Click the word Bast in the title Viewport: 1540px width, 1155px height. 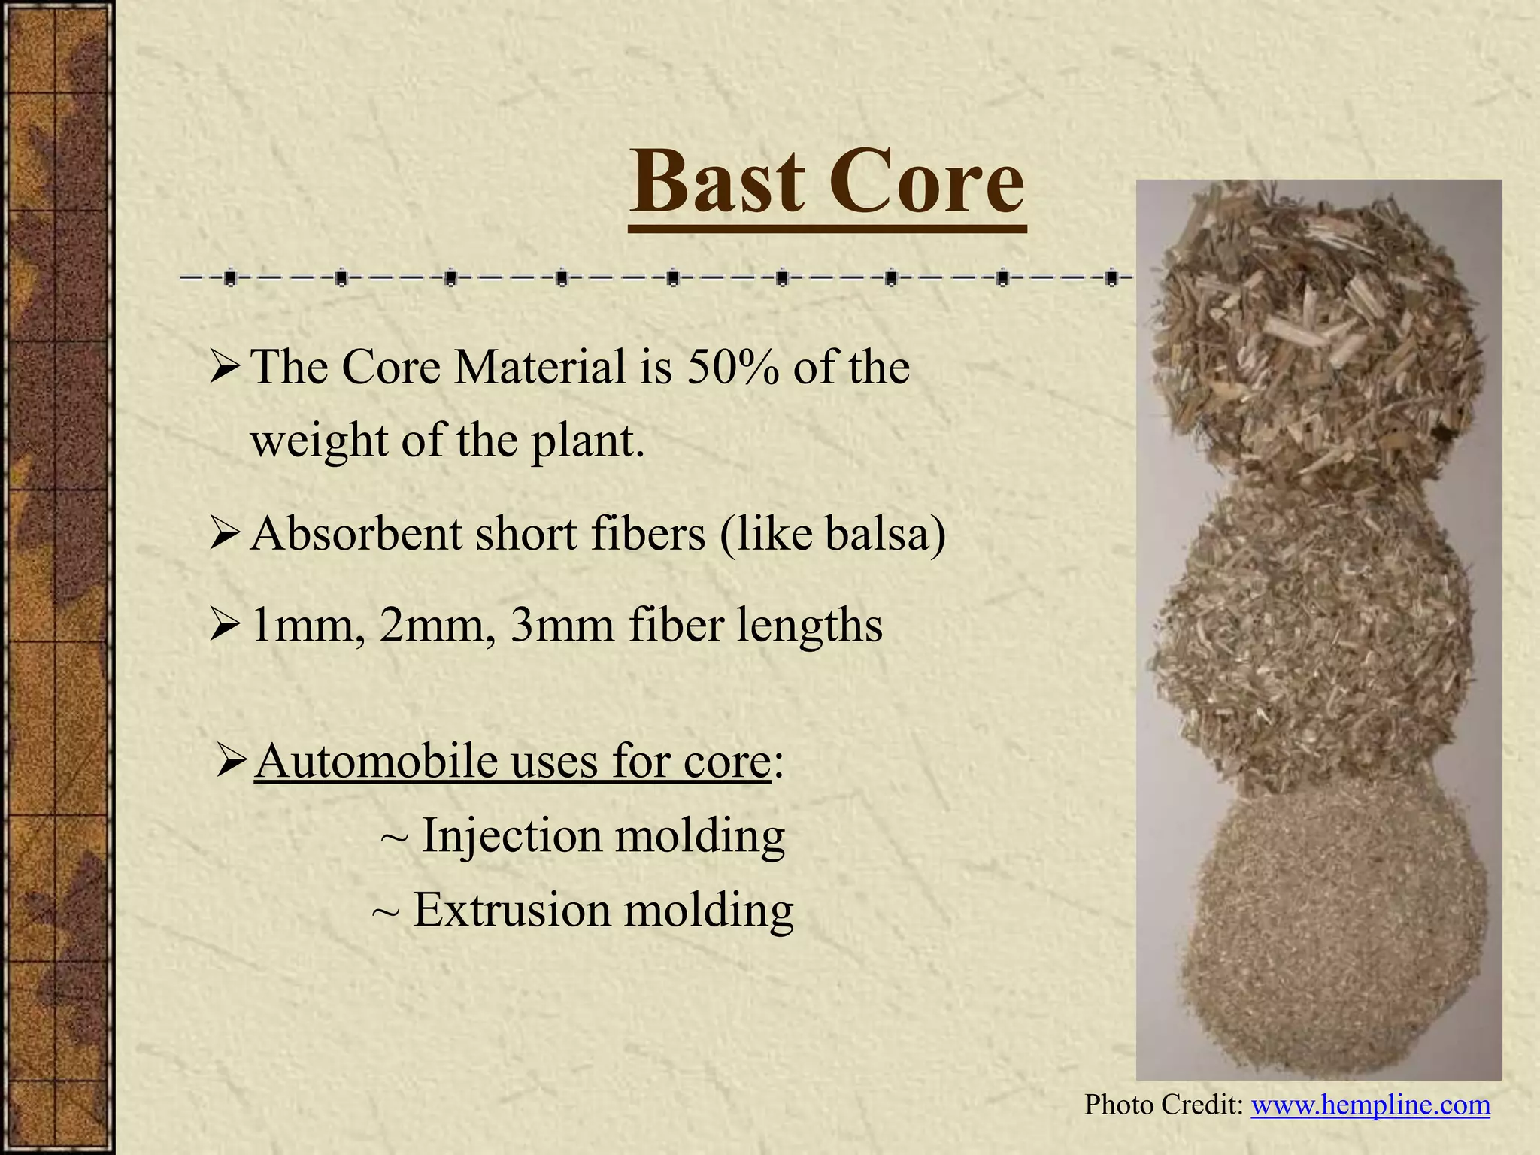click(717, 183)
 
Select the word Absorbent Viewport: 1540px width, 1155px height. click(356, 534)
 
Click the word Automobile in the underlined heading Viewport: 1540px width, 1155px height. click(376, 761)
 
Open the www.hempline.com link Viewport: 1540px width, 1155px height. click(1370, 1105)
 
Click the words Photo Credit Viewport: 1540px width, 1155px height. click(1163, 1105)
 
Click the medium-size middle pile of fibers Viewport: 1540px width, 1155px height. click(1312, 639)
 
